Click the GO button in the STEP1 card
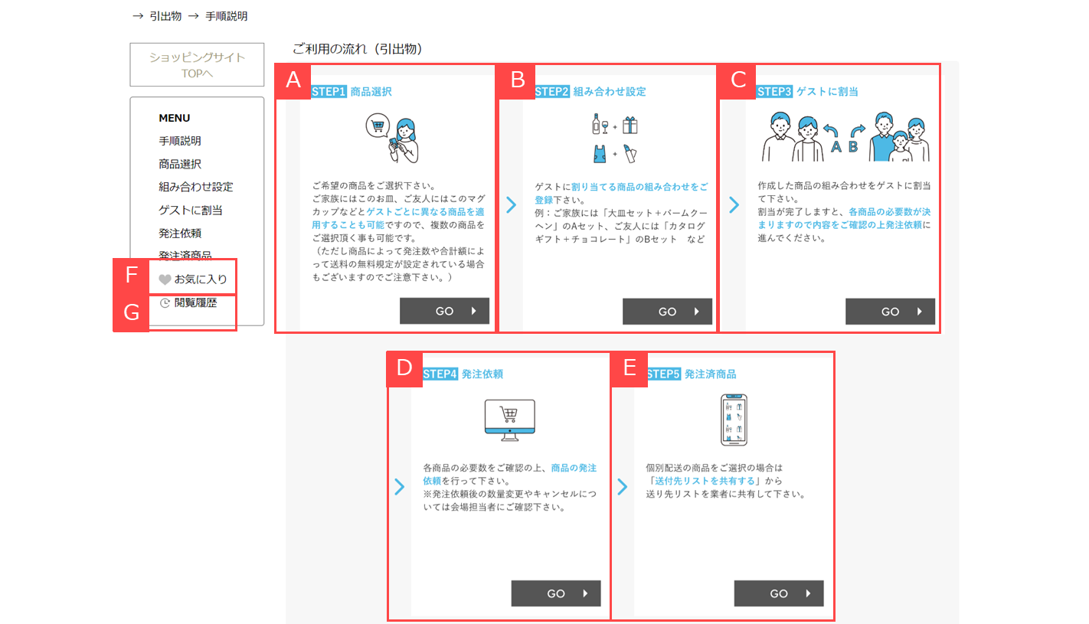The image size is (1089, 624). point(444,311)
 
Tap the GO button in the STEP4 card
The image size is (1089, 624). point(556,593)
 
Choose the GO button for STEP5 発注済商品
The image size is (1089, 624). point(779,593)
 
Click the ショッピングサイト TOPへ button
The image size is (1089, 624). point(197,64)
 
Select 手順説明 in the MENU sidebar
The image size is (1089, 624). point(180,141)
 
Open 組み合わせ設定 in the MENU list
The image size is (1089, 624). point(196,187)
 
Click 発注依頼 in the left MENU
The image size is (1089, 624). point(180,234)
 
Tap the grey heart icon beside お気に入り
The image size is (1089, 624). point(165,279)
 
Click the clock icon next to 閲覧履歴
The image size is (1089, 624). point(165,302)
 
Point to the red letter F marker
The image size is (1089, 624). point(131,275)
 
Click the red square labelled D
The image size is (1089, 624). point(404,368)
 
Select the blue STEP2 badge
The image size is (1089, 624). point(552,91)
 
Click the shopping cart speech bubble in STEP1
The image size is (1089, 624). point(378,126)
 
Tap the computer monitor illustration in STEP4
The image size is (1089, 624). point(509,420)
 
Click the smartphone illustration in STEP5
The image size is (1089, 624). point(734,420)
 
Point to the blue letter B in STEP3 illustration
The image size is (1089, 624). point(853,146)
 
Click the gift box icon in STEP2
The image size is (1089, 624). point(630,125)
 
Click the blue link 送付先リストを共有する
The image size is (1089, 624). point(705,481)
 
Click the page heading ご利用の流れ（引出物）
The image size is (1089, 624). point(358,49)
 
